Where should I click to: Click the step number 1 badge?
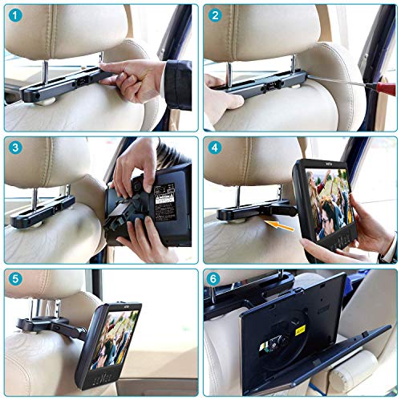[15, 15]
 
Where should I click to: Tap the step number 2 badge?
[214, 15]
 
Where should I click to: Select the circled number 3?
[15, 148]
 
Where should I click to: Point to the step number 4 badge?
[214, 148]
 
